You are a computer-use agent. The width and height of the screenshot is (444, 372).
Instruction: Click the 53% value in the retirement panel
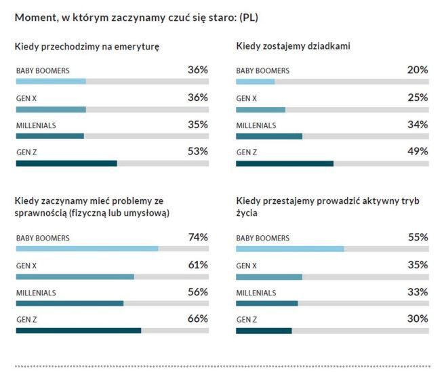tap(197, 151)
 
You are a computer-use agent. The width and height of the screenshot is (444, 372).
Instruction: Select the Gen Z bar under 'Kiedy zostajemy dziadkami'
tap(285, 163)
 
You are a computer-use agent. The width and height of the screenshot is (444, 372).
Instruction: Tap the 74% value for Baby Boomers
tap(197, 237)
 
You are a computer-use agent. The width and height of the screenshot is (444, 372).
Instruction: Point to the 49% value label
tap(418, 151)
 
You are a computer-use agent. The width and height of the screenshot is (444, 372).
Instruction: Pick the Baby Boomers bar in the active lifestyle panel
tap(289, 249)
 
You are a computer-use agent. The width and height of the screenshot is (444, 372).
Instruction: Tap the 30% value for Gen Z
tap(418, 318)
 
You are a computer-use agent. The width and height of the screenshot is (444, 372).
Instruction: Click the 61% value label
tap(197, 264)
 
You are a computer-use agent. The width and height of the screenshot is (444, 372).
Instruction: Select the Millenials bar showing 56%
tap(70, 304)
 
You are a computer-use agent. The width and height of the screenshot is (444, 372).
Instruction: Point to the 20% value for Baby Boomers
tap(418, 70)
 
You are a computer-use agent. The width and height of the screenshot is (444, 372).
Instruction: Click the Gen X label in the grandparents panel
tap(246, 98)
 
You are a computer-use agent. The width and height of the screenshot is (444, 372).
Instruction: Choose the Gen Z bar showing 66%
tap(79, 331)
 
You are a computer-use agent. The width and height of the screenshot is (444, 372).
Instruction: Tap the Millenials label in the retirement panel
tap(36, 125)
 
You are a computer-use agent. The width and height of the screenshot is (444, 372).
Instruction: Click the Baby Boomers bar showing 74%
tap(87, 249)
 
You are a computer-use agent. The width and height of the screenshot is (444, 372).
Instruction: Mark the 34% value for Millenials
tap(418, 124)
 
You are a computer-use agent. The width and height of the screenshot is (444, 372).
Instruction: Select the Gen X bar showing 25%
tap(260, 109)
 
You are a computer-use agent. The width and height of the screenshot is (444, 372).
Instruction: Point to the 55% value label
tap(418, 237)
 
